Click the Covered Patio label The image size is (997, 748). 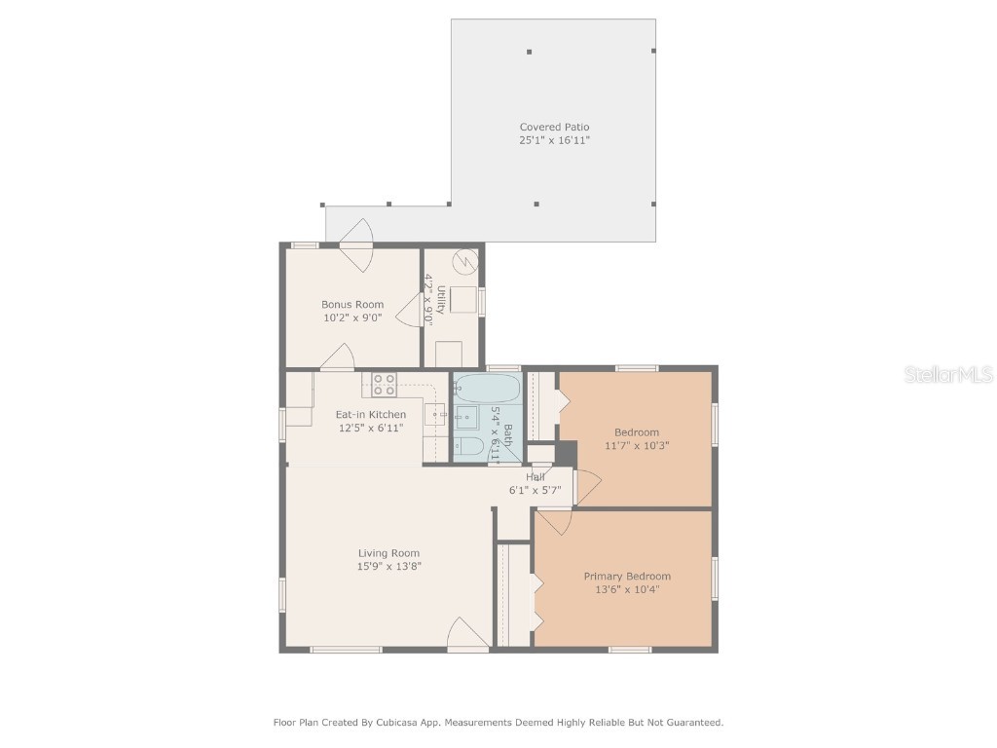(554, 127)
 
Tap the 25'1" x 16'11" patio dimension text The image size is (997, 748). (554, 140)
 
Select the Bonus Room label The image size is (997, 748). (352, 304)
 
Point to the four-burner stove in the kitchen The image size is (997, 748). (384, 384)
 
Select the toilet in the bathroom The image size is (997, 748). (469, 448)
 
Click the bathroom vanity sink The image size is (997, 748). (466, 418)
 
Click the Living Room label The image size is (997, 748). (388, 553)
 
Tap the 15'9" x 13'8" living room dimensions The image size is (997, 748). (388, 567)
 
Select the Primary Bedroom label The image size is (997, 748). (627, 576)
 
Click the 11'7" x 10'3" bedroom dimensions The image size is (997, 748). (636, 445)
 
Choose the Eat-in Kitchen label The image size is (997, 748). (371, 414)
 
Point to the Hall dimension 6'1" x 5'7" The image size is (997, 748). (535, 490)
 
